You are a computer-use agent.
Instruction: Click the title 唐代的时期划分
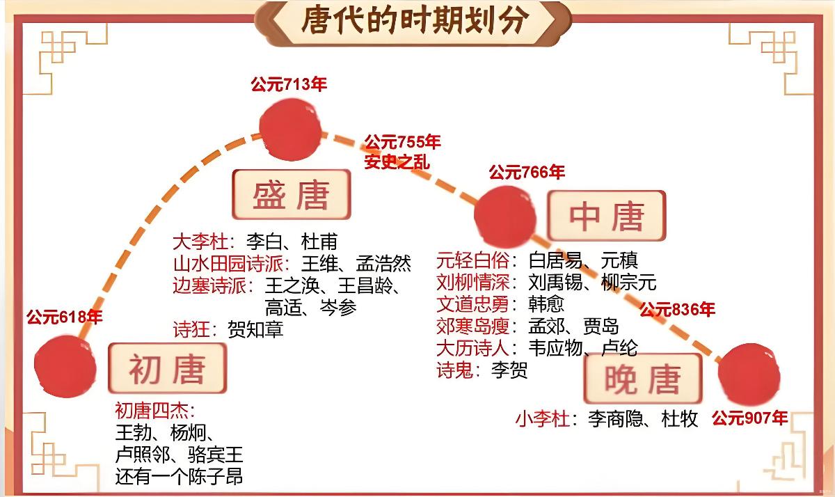(x=415, y=21)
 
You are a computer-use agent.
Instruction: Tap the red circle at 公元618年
(x=65, y=366)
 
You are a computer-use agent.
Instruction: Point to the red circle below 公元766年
(x=506, y=216)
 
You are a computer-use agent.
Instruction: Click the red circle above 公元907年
(x=749, y=374)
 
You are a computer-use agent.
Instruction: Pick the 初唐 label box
(x=167, y=368)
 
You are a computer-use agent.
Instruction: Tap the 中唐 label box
(x=606, y=216)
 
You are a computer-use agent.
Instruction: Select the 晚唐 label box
(x=633, y=378)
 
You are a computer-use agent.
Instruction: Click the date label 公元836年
(x=677, y=309)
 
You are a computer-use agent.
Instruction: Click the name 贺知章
(x=255, y=329)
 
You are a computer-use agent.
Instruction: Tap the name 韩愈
(x=546, y=303)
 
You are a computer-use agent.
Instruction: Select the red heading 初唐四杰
(x=154, y=409)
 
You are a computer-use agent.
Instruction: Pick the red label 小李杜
(x=543, y=419)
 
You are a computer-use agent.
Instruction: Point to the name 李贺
(x=509, y=369)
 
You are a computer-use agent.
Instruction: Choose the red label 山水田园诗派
(x=228, y=264)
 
